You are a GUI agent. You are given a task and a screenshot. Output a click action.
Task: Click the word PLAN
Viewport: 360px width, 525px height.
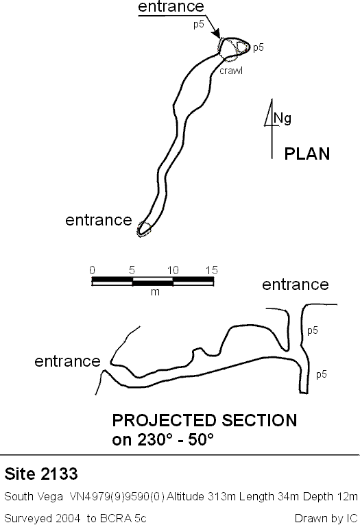[307, 154]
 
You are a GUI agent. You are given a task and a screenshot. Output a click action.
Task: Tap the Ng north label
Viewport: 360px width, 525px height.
[283, 118]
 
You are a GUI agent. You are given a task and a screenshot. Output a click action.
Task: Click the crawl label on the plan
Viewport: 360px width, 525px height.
[231, 71]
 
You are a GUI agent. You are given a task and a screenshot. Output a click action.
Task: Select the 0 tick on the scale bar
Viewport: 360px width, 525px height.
[92, 270]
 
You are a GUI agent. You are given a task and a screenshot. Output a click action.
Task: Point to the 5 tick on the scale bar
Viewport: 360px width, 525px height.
[132, 270]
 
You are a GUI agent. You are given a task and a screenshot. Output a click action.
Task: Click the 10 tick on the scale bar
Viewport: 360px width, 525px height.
[173, 270]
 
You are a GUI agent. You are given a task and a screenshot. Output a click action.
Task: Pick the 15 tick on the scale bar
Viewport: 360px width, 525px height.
[212, 270]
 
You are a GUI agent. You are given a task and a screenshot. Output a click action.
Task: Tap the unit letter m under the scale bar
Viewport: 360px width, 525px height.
[155, 292]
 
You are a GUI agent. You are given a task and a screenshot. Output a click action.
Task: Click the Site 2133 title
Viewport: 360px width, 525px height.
[41, 474]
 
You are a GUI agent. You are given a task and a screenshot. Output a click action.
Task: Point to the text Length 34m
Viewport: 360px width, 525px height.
[269, 496]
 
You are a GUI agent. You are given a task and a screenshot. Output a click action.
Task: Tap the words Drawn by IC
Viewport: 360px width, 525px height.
[326, 518]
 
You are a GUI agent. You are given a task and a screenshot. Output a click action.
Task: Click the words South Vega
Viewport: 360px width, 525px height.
[34, 496]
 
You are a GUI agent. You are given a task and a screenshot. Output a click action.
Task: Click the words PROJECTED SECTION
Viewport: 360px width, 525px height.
[204, 421]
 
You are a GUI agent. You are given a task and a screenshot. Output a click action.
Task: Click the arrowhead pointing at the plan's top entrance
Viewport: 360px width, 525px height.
[217, 34]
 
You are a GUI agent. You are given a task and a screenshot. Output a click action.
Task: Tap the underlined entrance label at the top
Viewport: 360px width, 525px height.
[171, 6]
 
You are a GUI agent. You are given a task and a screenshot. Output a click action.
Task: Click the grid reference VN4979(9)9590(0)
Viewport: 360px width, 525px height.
[117, 496]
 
